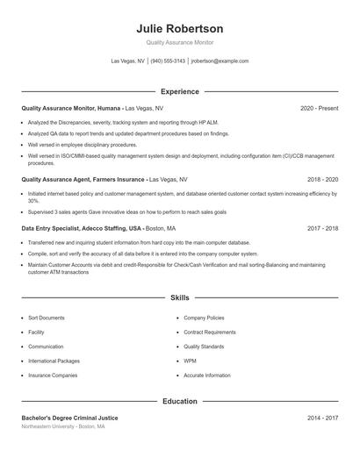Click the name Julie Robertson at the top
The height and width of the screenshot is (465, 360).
(x=180, y=28)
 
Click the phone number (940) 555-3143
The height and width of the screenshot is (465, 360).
(x=168, y=61)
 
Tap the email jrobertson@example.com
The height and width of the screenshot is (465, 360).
(x=220, y=61)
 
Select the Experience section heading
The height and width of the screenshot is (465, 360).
(x=180, y=91)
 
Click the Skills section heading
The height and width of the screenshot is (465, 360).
(x=180, y=298)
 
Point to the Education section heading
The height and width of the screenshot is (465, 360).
(x=180, y=401)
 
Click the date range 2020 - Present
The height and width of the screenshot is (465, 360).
(x=320, y=109)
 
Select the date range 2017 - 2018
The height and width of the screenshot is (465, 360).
(x=322, y=228)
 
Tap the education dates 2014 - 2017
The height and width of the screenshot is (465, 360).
(x=322, y=418)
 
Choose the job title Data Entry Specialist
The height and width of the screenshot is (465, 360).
(x=56, y=228)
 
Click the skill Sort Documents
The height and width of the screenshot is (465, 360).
(x=47, y=318)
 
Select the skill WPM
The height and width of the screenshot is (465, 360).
(x=190, y=361)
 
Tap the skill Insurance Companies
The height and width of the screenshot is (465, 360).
(x=53, y=375)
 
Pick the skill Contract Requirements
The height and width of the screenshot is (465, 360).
(x=210, y=333)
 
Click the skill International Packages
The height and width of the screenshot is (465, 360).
(x=54, y=361)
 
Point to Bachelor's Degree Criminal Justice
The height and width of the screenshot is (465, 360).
(x=69, y=418)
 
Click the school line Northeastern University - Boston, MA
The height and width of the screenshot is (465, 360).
(x=63, y=427)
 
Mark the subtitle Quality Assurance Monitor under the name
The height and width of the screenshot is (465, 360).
(x=180, y=42)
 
